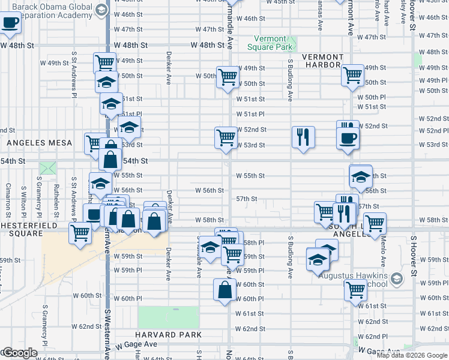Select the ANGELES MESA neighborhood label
point(40,143)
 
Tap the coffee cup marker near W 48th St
point(10,23)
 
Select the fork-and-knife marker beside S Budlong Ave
point(303,137)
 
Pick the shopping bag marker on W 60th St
point(224,290)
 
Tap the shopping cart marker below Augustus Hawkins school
point(355,290)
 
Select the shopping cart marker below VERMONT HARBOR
point(352,75)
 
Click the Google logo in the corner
point(19,353)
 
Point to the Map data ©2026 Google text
point(412,355)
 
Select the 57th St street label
point(246,199)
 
